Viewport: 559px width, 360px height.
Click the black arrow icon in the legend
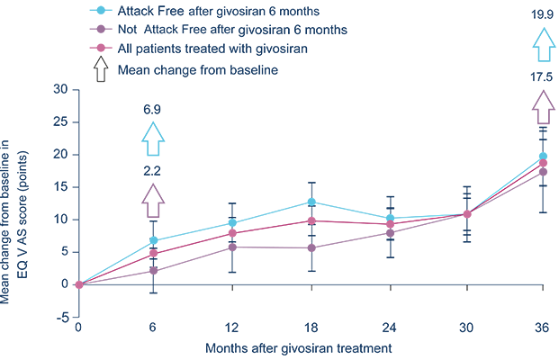pos(101,69)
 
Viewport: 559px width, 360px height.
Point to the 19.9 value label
pos(542,14)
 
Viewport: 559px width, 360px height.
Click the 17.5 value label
pos(541,77)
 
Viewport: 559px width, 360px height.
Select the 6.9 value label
pos(152,110)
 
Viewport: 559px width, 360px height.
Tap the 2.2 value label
pos(152,171)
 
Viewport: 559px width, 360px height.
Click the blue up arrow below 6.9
pos(153,139)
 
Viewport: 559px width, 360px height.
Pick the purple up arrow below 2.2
pos(153,201)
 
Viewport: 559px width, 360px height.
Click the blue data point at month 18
pos(311,202)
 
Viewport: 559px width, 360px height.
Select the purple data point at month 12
pos(232,247)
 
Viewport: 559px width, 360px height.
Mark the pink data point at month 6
pos(153,254)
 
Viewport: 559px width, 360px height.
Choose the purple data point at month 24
pos(391,233)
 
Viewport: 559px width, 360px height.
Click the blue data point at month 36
pos(543,156)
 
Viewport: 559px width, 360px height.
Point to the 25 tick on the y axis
pos(60,122)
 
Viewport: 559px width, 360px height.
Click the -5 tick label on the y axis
pos(62,317)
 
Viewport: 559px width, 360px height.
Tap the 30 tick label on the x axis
pos(466,328)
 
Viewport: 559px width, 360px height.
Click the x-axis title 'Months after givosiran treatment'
pos(298,348)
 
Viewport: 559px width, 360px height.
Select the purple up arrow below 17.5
pos(544,107)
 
